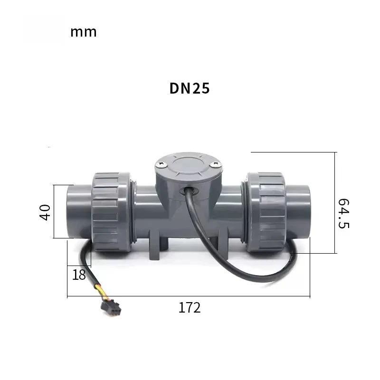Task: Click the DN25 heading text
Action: coord(189,88)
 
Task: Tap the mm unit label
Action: coord(84,32)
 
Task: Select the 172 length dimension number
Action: coord(190,307)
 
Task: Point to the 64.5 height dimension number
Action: coord(343,213)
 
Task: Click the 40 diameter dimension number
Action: coord(45,212)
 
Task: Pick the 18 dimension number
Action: coord(79,275)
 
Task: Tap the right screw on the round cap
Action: coord(215,164)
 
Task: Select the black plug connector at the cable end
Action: coord(111,309)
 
